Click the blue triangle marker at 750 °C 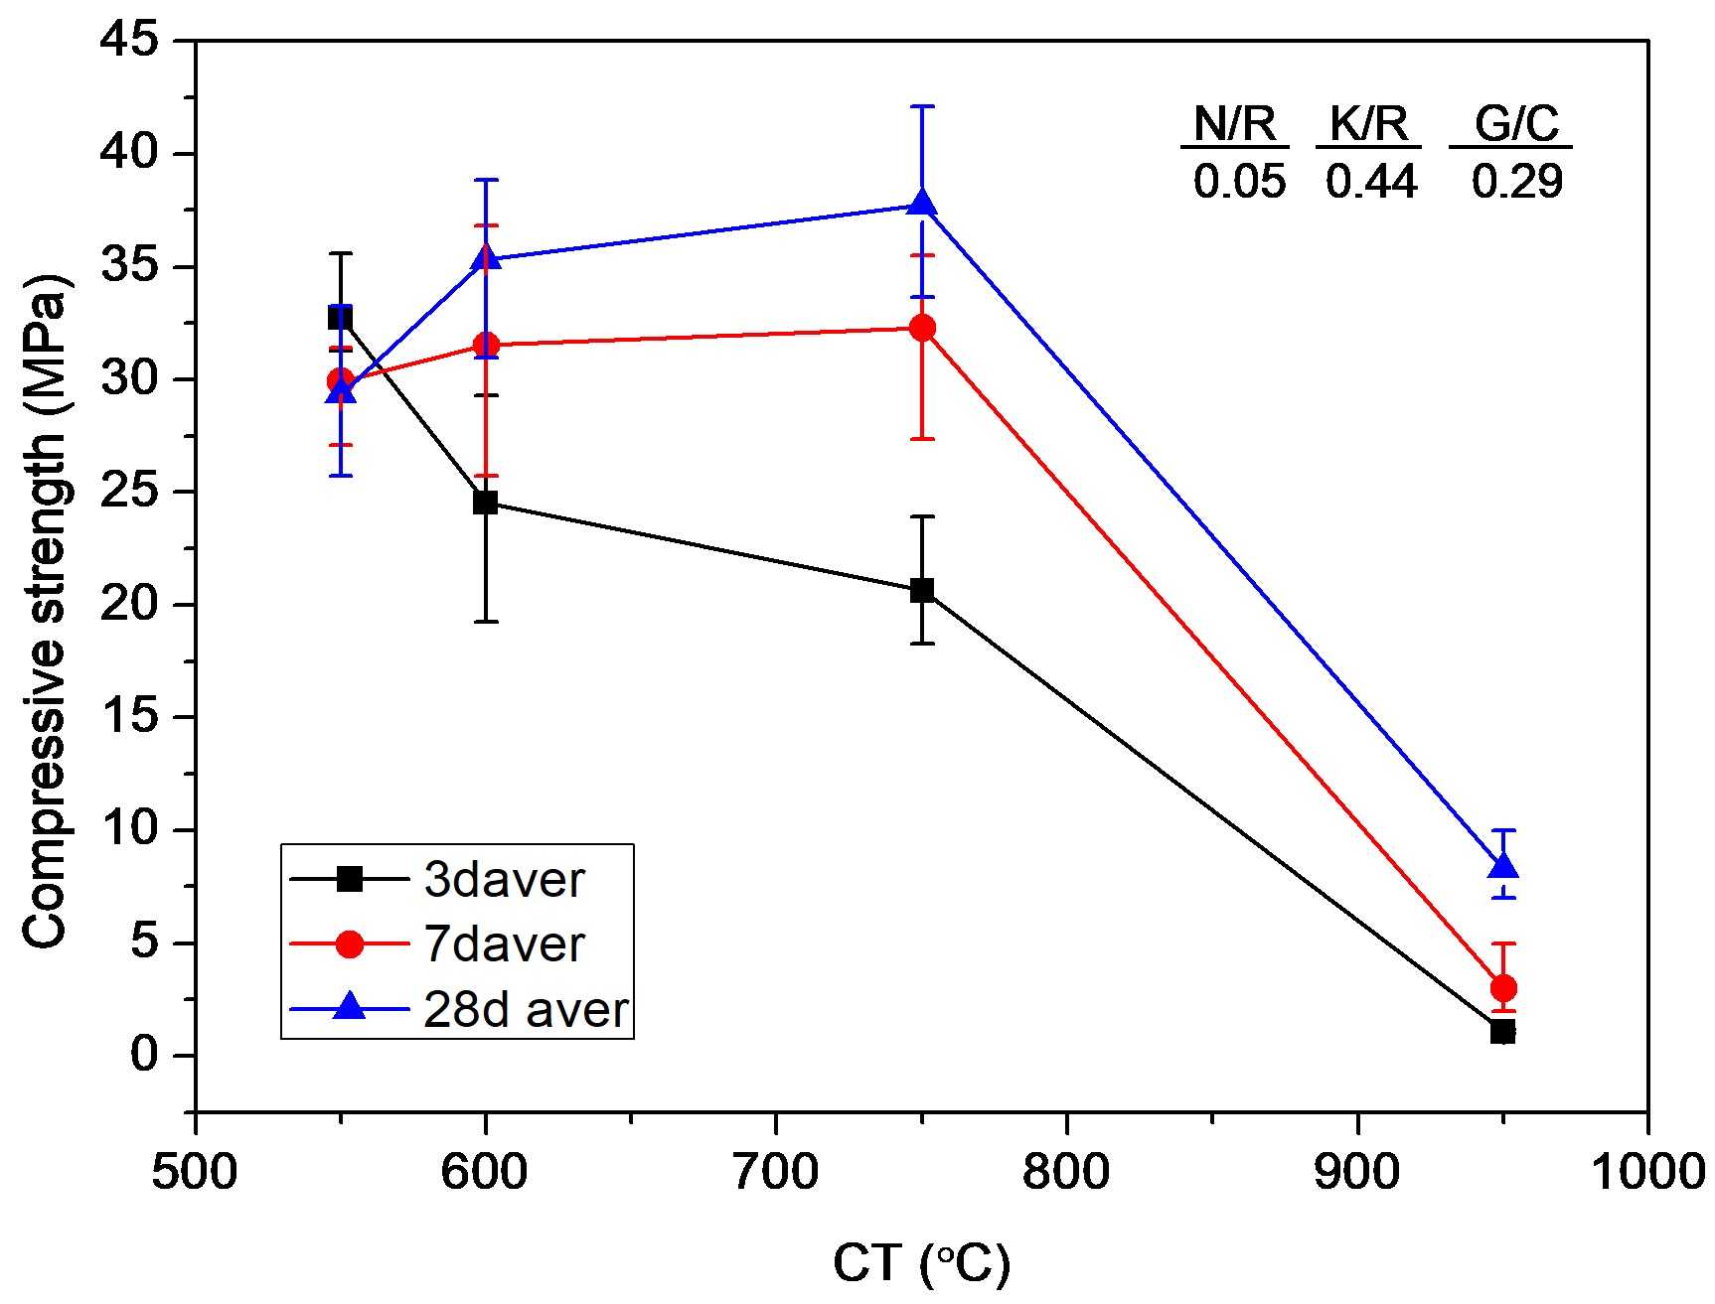(923, 203)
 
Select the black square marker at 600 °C (486, 503)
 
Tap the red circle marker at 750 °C (923, 328)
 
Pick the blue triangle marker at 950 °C (1503, 866)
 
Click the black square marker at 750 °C (923, 590)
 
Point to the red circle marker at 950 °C (1503, 987)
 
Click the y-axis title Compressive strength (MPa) (46, 611)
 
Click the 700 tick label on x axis (775, 1173)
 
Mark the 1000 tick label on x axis (1649, 1173)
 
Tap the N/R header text (1235, 124)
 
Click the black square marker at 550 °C (341, 318)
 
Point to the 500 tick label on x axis (195, 1173)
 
